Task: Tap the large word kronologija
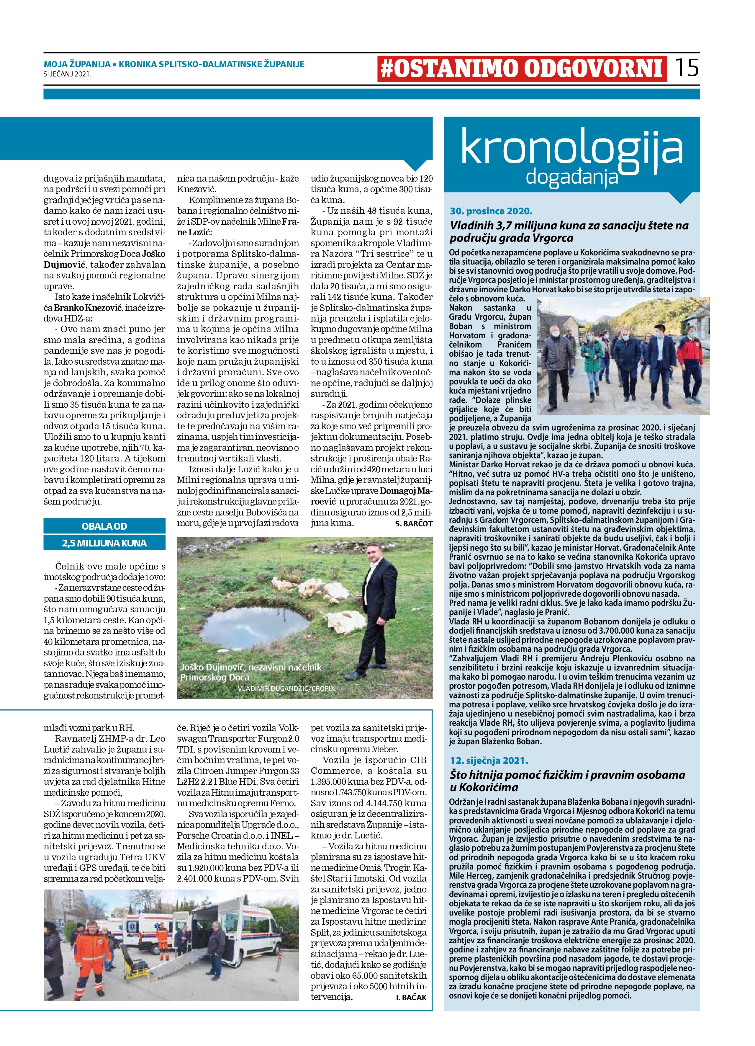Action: [x=571, y=148]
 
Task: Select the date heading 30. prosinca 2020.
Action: [x=491, y=211]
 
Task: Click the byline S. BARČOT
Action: [x=413, y=523]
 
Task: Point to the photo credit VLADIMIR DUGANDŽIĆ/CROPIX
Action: [x=286, y=688]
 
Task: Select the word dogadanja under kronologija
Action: [x=571, y=177]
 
